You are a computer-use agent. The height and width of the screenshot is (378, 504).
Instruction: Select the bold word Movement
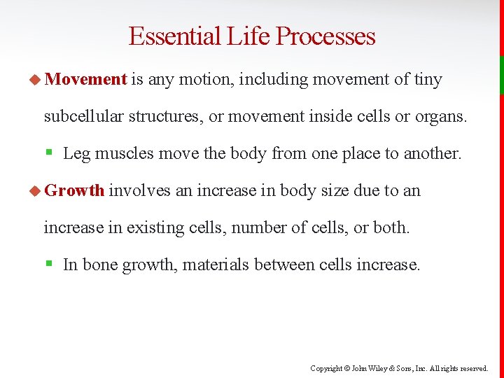tap(85, 80)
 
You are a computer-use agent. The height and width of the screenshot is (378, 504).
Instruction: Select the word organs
tap(444, 116)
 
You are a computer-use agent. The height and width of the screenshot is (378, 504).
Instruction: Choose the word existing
tap(153, 227)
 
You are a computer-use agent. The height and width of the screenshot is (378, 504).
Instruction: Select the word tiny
tap(428, 80)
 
